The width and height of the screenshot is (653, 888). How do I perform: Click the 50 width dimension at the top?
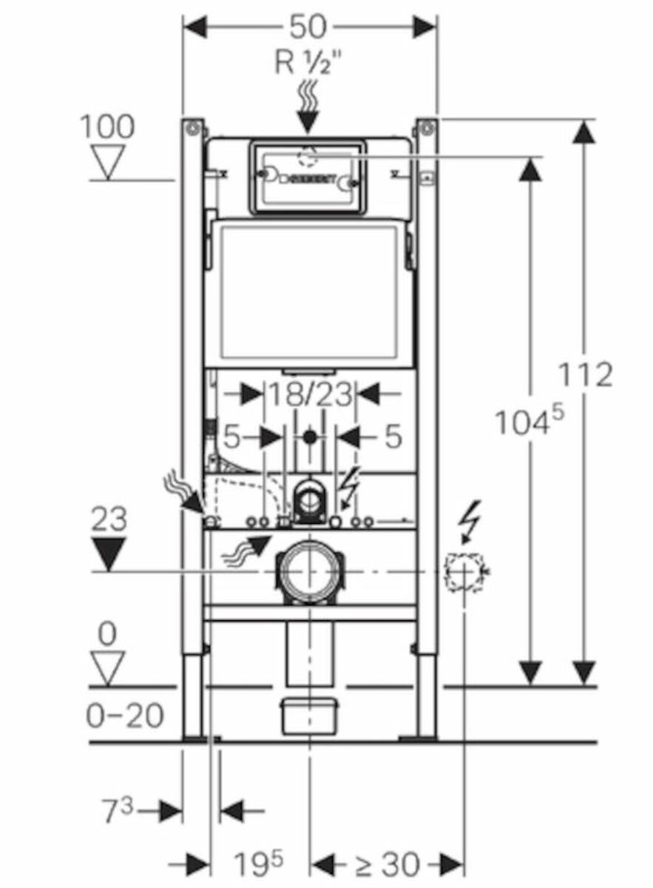click(308, 27)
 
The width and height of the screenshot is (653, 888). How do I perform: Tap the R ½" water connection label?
click(310, 63)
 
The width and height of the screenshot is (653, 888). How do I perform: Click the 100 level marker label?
click(107, 127)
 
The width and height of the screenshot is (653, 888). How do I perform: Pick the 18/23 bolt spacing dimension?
click(309, 394)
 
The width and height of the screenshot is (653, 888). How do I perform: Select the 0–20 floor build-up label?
click(125, 716)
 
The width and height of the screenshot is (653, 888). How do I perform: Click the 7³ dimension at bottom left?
click(118, 812)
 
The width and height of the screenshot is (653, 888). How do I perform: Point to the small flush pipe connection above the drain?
click(309, 502)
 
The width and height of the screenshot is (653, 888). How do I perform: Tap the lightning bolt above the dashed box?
click(471, 522)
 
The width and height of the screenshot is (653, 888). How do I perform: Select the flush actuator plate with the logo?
click(306, 177)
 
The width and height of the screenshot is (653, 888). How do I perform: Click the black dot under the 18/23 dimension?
click(309, 437)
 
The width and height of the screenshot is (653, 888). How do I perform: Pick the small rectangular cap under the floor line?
click(309, 716)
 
